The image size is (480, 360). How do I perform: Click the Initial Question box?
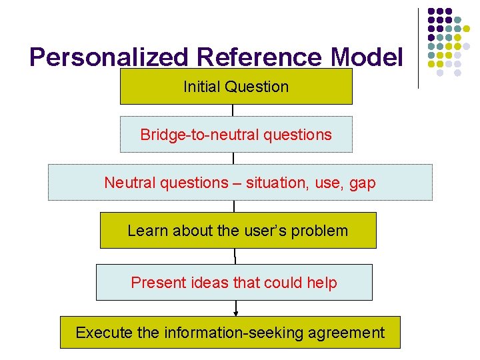[x=236, y=87]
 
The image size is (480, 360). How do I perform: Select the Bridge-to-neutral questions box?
[x=236, y=135]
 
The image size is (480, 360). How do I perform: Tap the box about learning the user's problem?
[x=238, y=231]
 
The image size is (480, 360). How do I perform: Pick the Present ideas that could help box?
[x=234, y=283]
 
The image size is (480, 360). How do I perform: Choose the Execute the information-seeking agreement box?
[x=230, y=333]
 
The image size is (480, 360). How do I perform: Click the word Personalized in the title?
[x=107, y=58]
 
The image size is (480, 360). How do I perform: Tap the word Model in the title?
[x=367, y=58]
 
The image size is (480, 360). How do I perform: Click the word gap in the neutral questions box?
[x=362, y=183]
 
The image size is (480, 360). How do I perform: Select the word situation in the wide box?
[x=275, y=183]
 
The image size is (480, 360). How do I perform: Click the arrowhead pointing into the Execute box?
[x=235, y=312]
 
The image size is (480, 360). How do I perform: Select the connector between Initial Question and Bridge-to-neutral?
[x=233, y=110]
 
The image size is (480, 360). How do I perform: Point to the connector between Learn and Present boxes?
[x=235, y=256]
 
